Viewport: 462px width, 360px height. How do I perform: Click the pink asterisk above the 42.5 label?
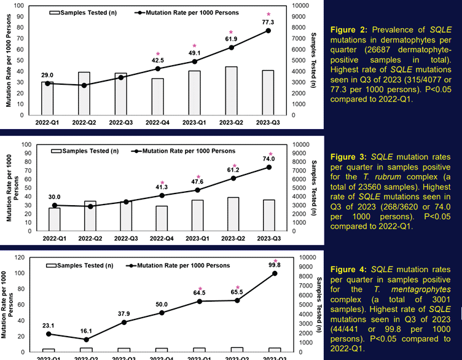tap(158, 54)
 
